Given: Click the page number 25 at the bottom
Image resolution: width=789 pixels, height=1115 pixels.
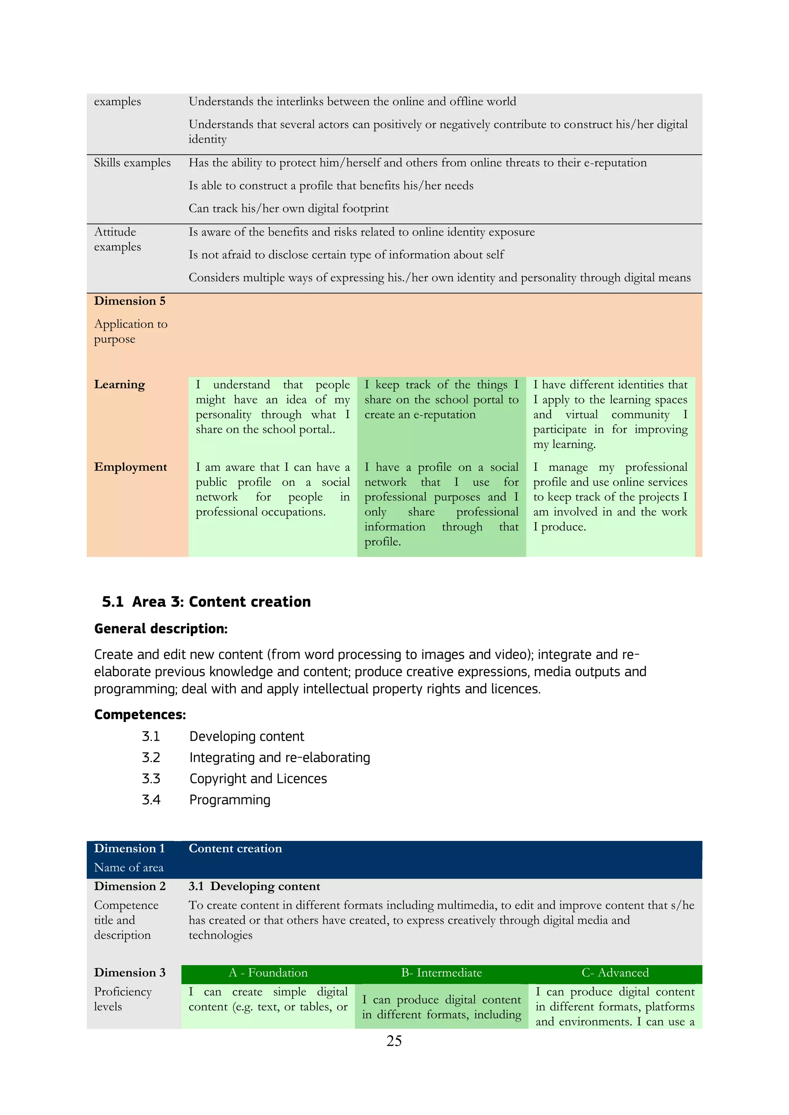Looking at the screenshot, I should coord(394,1041).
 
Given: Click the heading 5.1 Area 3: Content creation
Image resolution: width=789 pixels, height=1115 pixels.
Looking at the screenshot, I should coord(206,602).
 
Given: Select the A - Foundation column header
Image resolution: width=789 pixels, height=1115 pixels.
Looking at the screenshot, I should coord(268,973).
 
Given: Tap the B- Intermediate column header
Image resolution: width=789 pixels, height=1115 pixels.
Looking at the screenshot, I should coord(441,973).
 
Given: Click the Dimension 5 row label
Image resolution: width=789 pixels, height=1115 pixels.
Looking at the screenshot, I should coord(130,301).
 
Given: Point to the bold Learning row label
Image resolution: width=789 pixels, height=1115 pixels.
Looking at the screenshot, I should coord(119,385).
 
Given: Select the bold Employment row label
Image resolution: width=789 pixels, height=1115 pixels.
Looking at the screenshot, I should coord(130,467).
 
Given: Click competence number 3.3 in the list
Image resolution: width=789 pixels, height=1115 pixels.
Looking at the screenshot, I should coord(151,779).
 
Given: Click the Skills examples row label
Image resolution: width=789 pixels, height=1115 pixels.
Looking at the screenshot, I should coord(132,163).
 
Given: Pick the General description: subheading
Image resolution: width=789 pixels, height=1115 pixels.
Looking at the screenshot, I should coord(161,629).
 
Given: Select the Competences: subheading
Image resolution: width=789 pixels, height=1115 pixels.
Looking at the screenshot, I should coord(140,715).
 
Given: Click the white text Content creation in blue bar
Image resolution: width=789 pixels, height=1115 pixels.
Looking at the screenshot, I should coord(235,849).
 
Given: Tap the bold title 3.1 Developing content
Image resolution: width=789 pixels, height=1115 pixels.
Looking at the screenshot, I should coord(254,886).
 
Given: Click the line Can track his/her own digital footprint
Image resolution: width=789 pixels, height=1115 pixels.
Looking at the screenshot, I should coord(289,208).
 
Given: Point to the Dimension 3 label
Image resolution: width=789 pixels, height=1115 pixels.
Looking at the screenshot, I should coord(130,973).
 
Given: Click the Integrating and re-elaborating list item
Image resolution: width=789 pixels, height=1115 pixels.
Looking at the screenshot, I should coord(279,758).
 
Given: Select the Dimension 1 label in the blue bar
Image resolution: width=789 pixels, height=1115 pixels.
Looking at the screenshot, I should coord(129,849).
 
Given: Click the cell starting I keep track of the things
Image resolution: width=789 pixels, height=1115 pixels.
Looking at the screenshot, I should coord(441,400).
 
